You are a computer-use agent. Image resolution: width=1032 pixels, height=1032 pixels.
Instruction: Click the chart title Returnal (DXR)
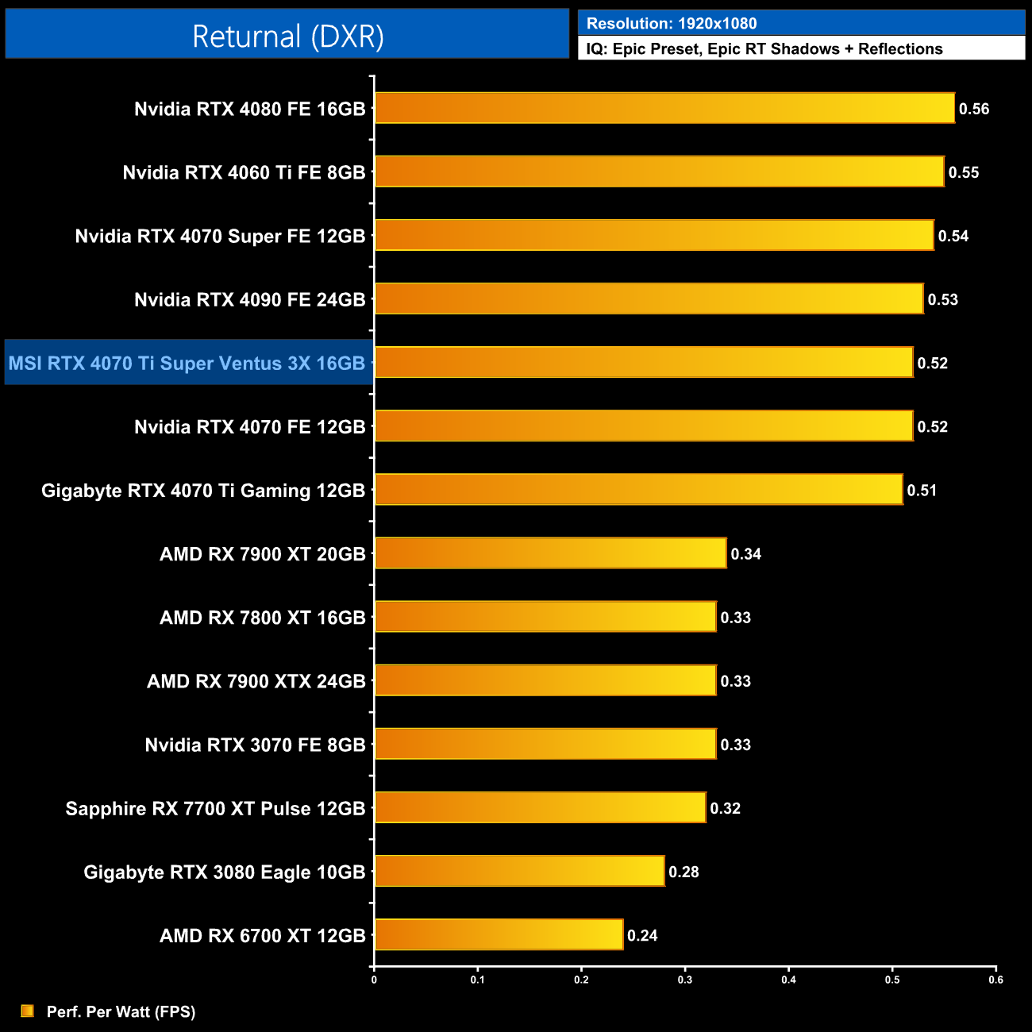point(287,37)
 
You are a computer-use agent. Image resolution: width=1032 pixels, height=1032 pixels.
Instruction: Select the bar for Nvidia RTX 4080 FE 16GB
point(664,108)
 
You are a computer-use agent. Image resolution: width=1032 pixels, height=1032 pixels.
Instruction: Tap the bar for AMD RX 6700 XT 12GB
point(499,934)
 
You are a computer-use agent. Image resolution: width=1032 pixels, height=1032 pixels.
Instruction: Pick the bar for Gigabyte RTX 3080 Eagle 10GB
point(519,871)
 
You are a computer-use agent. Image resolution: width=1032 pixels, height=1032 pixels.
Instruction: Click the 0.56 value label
point(974,109)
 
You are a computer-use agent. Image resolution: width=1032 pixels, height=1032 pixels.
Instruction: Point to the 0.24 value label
point(642,935)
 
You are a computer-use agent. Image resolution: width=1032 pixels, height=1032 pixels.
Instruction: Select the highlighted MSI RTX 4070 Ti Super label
point(187,363)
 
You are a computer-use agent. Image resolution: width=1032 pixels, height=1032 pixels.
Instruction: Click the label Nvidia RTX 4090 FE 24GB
point(249,299)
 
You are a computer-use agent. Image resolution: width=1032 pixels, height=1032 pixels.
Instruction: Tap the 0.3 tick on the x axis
point(685,980)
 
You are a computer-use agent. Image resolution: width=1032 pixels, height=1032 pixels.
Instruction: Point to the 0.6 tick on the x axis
point(995,980)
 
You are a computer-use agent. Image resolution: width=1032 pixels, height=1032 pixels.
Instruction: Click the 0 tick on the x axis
point(374,980)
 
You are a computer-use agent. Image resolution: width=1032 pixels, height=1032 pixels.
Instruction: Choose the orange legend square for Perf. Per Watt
point(28,1011)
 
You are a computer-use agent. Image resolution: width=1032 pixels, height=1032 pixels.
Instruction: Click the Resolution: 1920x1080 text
point(672,23)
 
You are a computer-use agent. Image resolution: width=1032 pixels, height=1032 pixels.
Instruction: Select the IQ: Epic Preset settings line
point(764,48)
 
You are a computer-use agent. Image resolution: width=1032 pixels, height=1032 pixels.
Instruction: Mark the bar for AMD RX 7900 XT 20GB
point(550,553)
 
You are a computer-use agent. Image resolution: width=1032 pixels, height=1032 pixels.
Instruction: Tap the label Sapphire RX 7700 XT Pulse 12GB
point(215,808)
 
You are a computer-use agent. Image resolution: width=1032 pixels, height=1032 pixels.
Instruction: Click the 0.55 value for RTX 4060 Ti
point(964,172)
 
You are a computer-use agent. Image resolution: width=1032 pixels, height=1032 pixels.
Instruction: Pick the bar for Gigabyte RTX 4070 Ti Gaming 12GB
point(638,490)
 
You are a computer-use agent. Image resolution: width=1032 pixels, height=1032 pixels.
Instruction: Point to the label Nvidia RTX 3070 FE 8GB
point(255,745)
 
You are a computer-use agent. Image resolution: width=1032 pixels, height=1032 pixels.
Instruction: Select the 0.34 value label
point(745,554)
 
